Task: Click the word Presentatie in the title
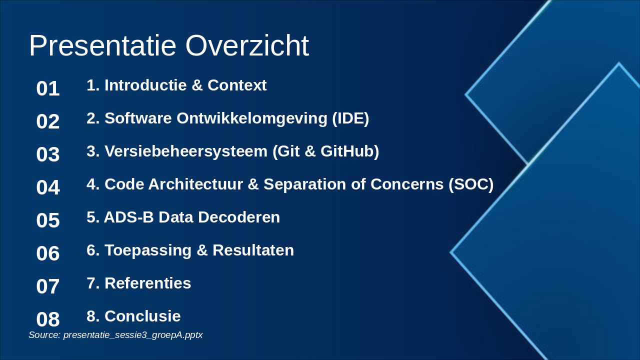(x=102, y=45)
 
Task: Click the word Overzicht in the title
(x=247, y=45)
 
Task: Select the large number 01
(x=48, y=88)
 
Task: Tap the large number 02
(x=48, y=121)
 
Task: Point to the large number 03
(x=48, y=154)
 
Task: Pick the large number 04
(x=48, y=187)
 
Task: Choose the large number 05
(x=48, y=220)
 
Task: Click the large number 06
(x=48, y=253)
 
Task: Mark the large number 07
(x=48, y=286)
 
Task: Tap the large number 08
(x=48, y=319)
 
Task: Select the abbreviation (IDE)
(x=350, y=118)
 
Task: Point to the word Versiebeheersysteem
(x=186, y=151)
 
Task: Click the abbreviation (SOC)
(x=471, y=184)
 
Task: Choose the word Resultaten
(x=253, y=250)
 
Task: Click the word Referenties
(x=147, y=283)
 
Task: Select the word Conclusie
(x=142, y=316)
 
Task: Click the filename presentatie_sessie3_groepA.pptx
(x=133, y=335)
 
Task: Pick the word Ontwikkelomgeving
(x=251, y=118)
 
